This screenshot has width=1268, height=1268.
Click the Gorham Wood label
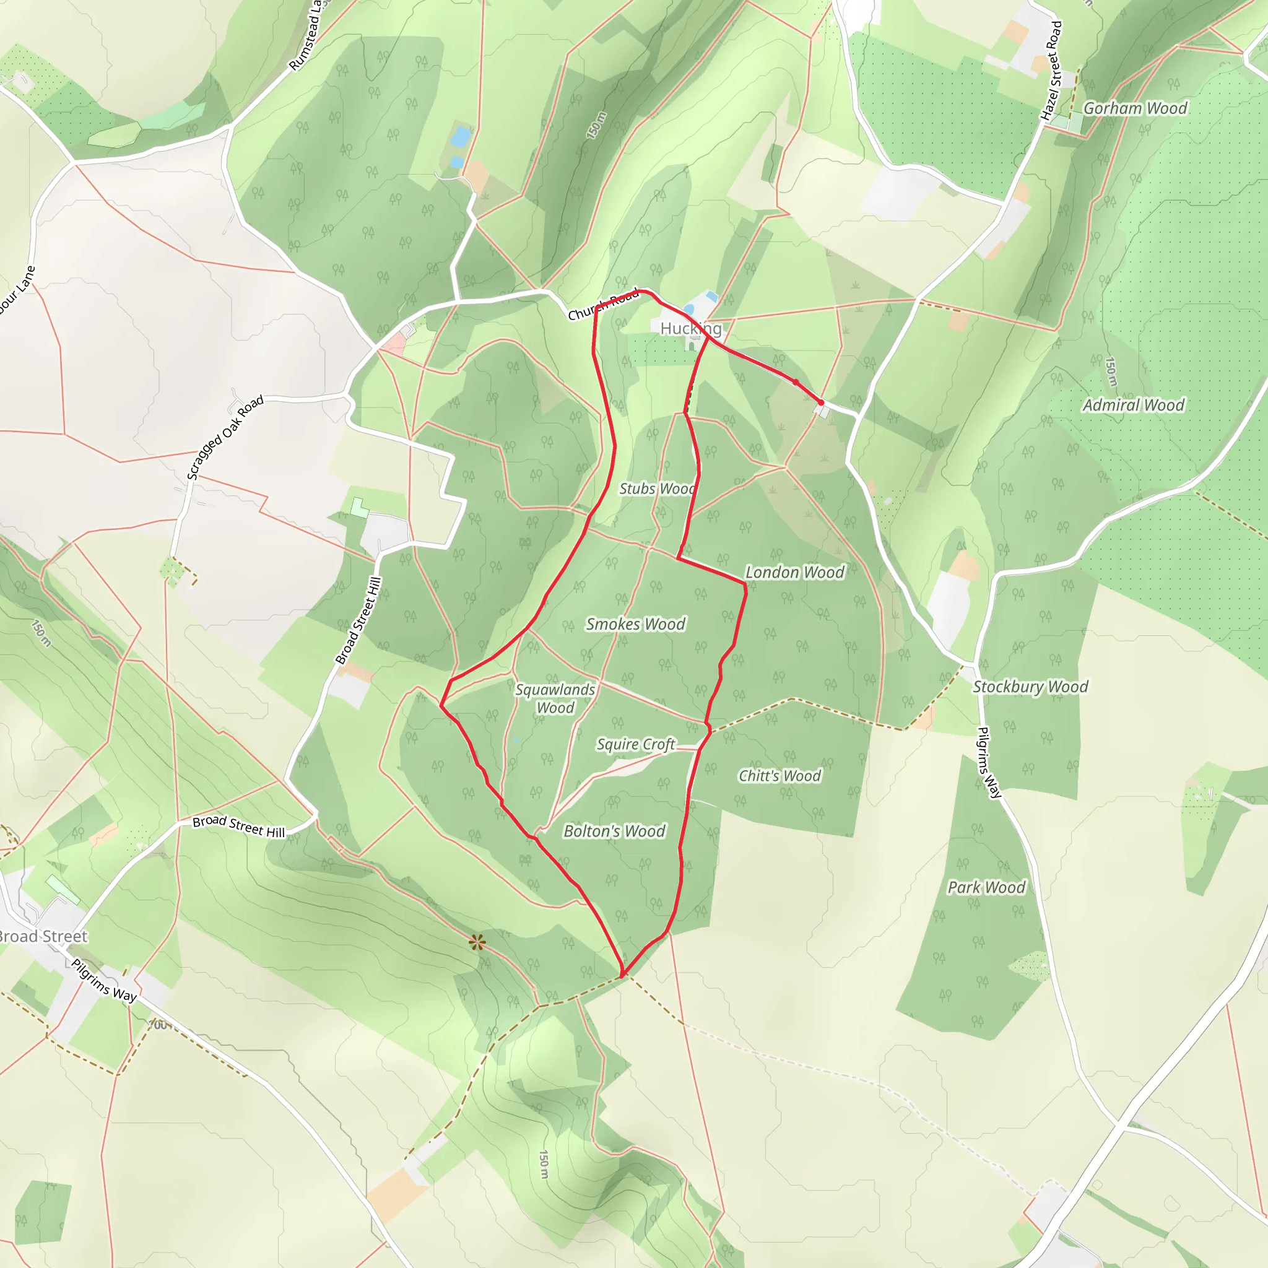(x=1135, y=108)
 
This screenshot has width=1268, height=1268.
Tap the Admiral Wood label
(x=1134, y=405)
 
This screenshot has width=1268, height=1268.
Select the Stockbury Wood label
(x=1030, y=687)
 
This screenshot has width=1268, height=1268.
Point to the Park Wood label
(x=986, y=887)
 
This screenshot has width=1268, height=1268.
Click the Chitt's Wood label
(x=779, y=776)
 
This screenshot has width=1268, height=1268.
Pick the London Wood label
(x=794, y=572)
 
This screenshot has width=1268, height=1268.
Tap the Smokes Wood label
(x=635, y=624)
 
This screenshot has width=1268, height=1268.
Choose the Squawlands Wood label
(x=555, y=698)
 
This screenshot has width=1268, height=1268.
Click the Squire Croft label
(x=635, y=744)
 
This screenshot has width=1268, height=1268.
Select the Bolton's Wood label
(x=614, y=831)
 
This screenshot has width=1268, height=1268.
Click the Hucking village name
(x=690, y=328)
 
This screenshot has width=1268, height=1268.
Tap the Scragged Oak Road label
(x=225, y=438)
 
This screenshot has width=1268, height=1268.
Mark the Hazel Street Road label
(x=1051, y=71)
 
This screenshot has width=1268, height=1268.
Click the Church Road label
(x=603, y=305)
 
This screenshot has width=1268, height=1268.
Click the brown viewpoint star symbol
(x=477, y=943)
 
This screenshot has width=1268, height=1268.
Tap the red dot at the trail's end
(x=820, y=402)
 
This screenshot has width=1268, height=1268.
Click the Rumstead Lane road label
(x=306, y=36)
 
